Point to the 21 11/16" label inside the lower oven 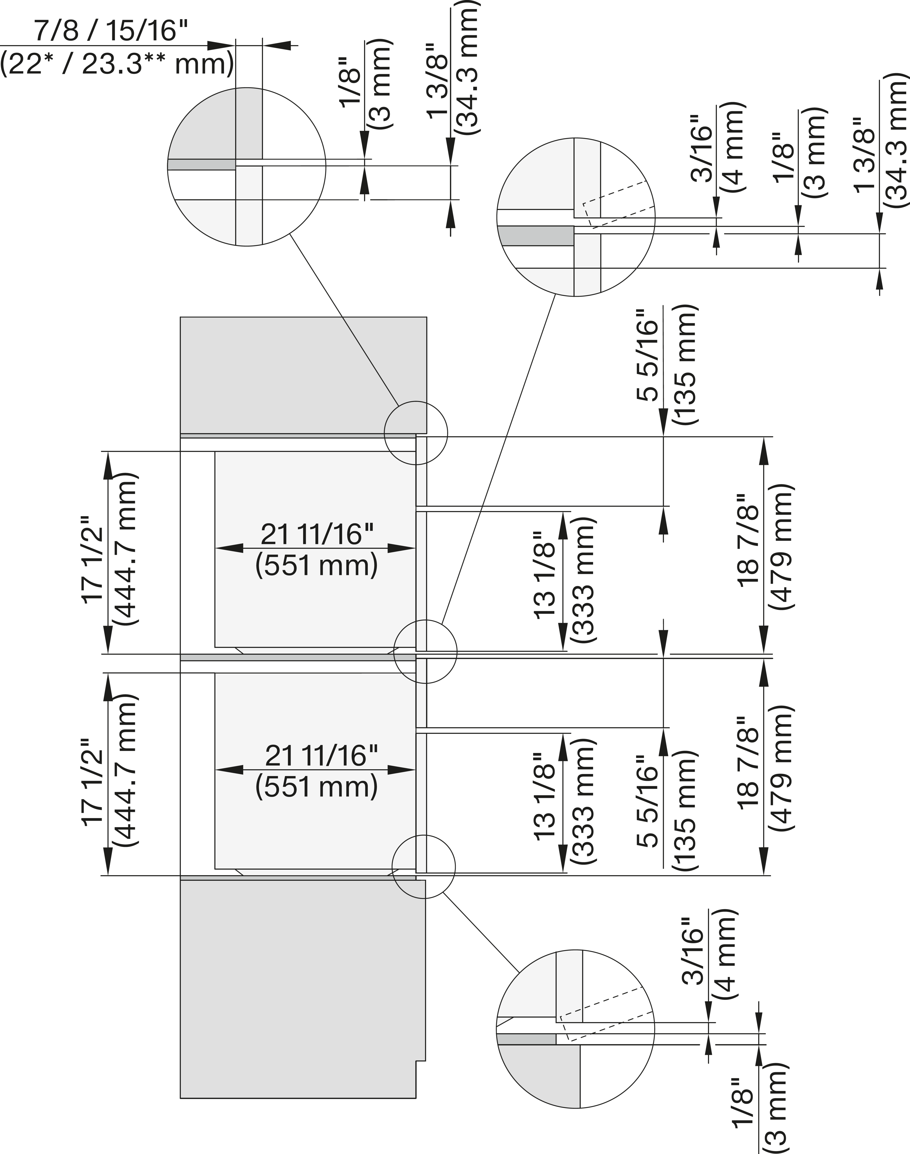click(x=321, y=755)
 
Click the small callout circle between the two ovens click(x=425, y=651)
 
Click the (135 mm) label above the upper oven click(x=685, y=365)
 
